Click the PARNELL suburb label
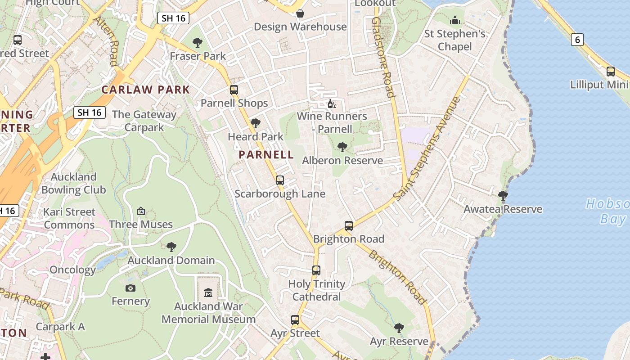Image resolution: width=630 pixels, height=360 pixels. (x=266, y=155)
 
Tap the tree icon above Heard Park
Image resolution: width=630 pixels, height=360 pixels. (x=256, y=123)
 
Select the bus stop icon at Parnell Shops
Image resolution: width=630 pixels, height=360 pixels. (x=234, y=90)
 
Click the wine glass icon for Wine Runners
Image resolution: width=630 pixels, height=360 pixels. (x=332, y=104)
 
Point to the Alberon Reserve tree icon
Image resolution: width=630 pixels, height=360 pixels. (x=342, y=147)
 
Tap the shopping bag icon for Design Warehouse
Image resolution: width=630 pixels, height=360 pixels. (x=300, y=14)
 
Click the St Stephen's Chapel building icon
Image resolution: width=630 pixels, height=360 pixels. (x=455, y=21)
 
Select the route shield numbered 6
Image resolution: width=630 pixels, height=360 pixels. (x=577, y=40)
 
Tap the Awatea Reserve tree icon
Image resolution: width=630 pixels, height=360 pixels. (x=503, y=196)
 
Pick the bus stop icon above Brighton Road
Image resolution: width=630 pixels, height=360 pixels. (x=349, y=225)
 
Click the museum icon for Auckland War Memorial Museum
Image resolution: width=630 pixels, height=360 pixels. (x=208, y=293)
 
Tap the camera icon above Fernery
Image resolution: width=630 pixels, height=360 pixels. (x=130, y=288)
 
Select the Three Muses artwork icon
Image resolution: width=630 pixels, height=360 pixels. (x=141, y=211)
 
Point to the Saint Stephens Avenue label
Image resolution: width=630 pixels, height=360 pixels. (x=427, y=148)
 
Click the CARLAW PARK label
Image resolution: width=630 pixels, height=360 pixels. (x=146, y=90)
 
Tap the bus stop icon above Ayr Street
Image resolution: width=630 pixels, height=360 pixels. (x=295, y=320)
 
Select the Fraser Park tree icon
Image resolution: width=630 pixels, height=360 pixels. (x=197, y=43)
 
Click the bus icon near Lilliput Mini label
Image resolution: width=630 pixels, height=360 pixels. (x=611, y=71)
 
